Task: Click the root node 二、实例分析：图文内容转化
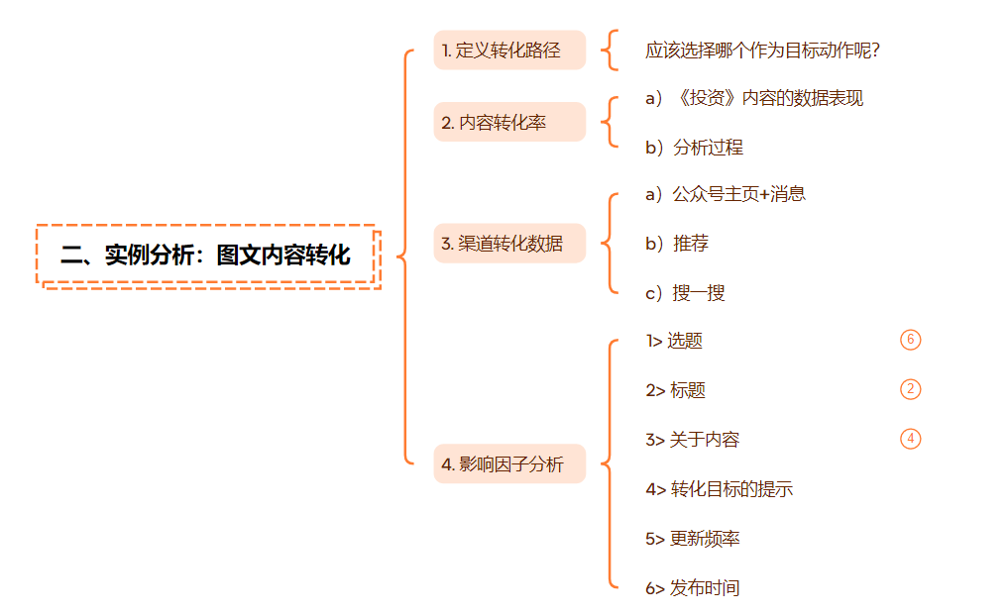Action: [205, 255]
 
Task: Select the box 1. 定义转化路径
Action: [509, 51]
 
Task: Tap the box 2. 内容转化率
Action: [509, 123]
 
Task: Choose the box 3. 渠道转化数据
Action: [509, 243]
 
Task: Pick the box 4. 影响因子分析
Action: [509, 463]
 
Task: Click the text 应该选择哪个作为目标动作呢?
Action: [762, 51]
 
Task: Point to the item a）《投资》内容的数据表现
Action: [754, 98]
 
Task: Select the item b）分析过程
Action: [694, 148]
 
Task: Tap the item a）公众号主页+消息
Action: [726, 194]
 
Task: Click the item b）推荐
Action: [677, 244]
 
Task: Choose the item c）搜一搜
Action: [685, 293]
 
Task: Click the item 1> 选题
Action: [674, 341]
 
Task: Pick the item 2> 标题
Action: [675, 390]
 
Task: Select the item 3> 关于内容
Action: [692, 440]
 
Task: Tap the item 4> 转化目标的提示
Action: [719, 489]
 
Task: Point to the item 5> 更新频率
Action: [692, 539]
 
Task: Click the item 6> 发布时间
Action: [692, 588]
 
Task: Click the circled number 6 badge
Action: [911, 340]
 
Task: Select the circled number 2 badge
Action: [911, 389]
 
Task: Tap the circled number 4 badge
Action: [911, 439]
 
